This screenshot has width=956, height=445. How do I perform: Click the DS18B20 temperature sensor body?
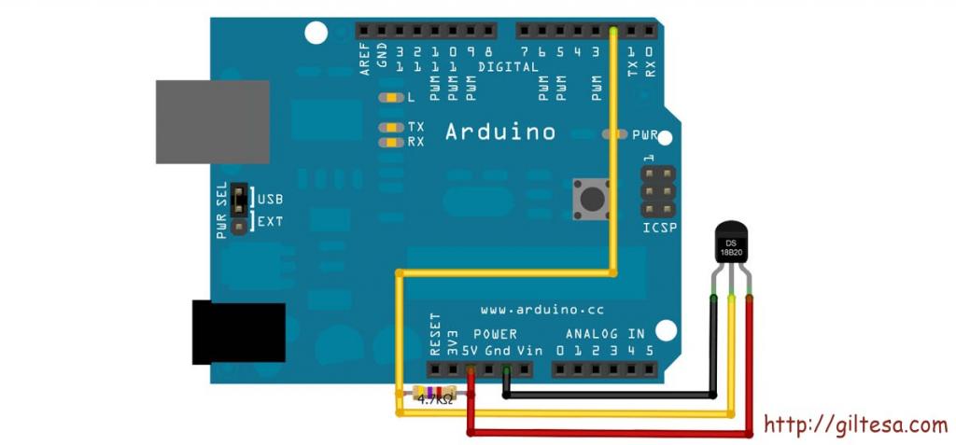[730, 243]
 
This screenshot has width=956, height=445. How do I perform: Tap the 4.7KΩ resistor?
[434, 393]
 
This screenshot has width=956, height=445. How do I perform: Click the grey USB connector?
[213, 122]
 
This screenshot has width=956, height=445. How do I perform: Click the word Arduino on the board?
[500, 132]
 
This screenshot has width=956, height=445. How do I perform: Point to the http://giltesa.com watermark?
[856, 424]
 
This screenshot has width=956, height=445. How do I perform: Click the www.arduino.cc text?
[542, 310]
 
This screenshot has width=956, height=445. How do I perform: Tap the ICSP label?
[660, 229]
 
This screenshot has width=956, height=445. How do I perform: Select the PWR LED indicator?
[614, 134]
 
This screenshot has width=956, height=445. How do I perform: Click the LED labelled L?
[391, 98]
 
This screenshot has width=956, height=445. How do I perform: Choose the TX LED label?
[416, 127]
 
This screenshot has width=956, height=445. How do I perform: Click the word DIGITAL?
[509, 67]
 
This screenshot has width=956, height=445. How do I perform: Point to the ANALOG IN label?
[605, 334]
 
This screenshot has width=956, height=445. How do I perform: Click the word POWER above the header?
[495, 334]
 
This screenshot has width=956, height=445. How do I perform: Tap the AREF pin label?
[365, 60]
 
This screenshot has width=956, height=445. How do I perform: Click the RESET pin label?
[435, 334]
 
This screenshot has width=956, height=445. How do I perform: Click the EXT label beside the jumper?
[270, 221]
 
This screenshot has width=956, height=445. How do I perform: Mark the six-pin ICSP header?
[658, 192]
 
